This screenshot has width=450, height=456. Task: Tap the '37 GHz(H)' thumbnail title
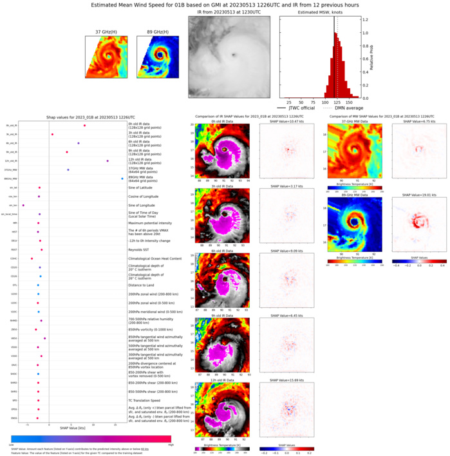click(107, 32)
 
